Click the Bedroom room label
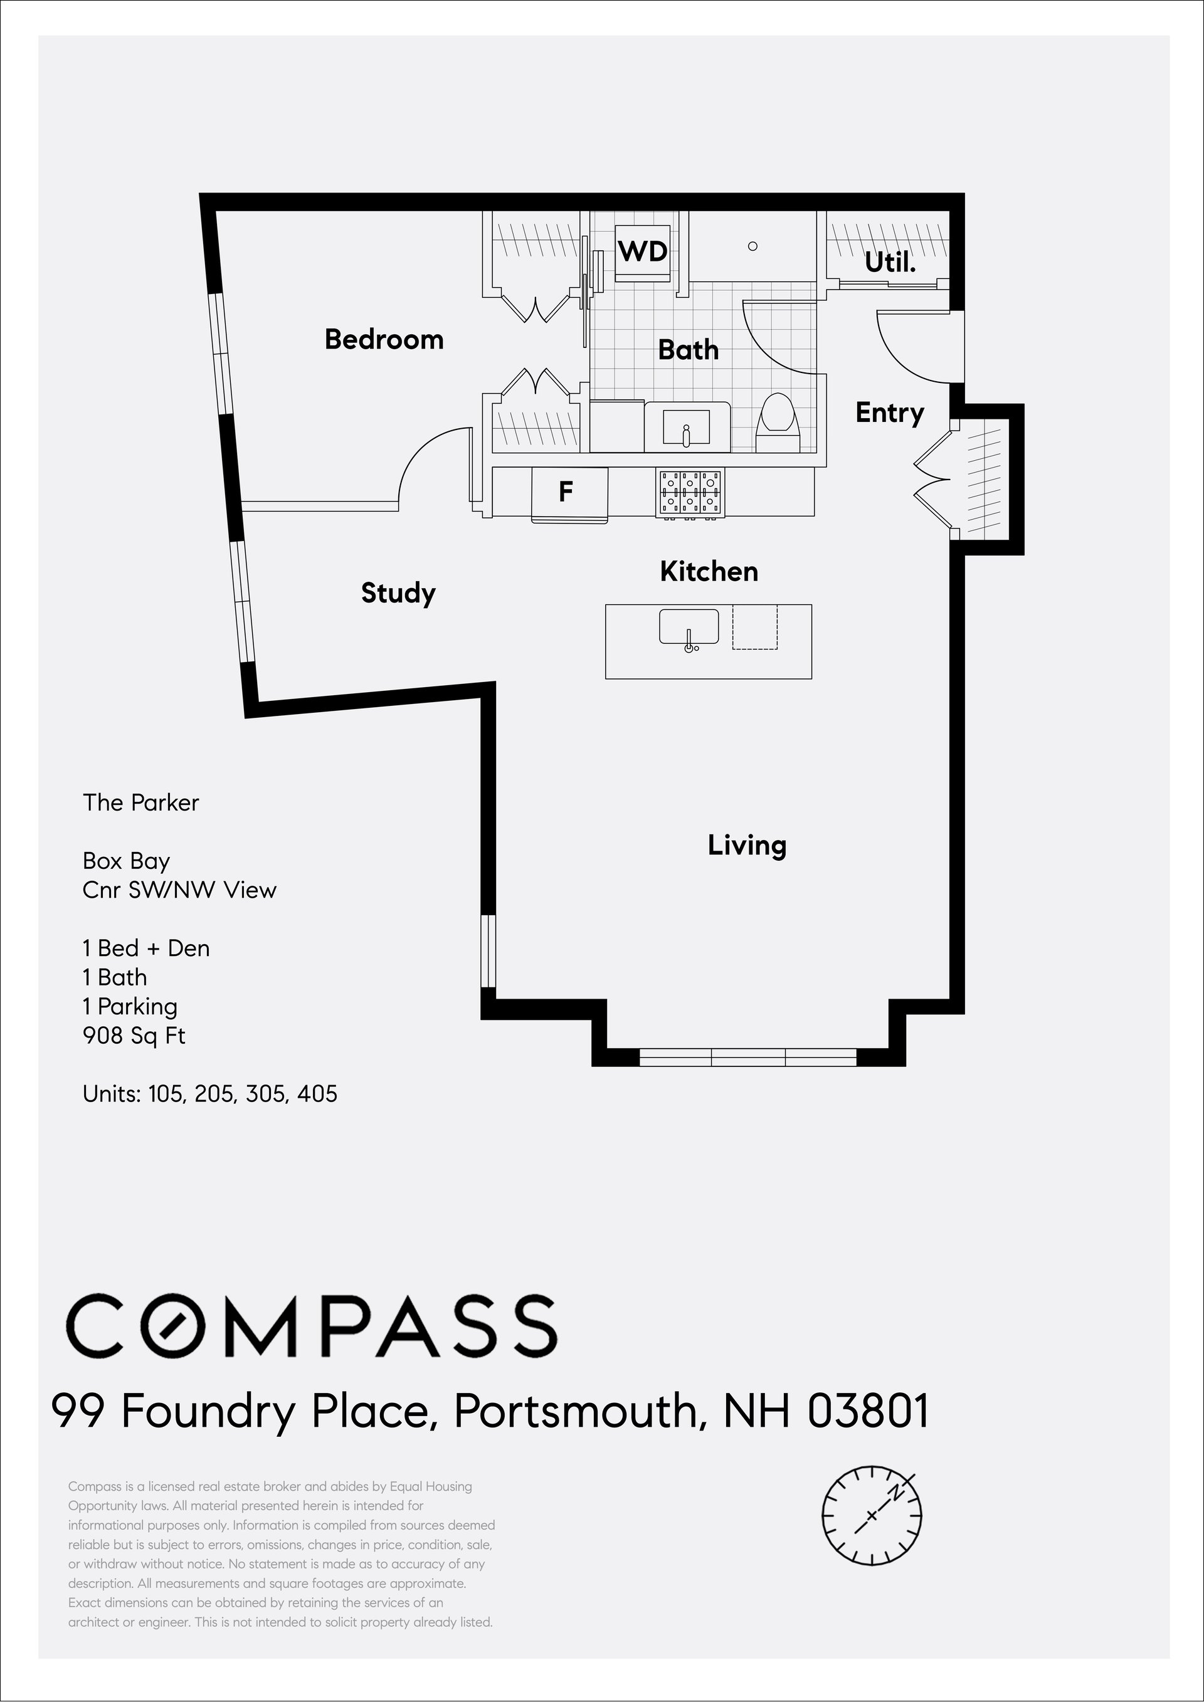384,340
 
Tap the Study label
398,593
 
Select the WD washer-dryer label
643,252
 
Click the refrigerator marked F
569,492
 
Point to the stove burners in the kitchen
690,492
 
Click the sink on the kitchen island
689,628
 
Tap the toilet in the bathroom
778,423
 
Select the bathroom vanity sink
687,426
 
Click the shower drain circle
752,246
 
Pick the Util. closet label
890,263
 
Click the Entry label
890,413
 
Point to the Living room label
747,845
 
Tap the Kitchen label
709,572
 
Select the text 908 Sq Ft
134,1035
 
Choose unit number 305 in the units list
265,1094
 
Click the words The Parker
141,803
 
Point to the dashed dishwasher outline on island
755,627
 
